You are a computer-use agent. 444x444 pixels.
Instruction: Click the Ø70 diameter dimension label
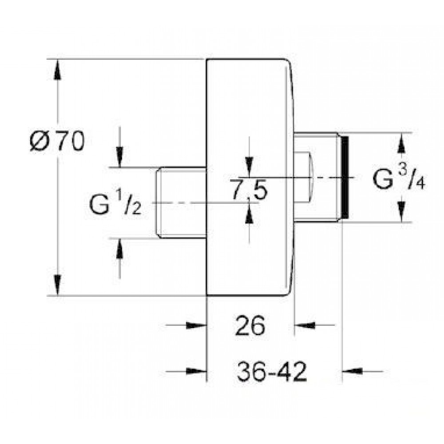57,141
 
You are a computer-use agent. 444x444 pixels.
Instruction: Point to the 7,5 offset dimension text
249,189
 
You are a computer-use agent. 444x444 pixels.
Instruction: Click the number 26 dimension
250,325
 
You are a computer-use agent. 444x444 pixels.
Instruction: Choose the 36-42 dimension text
272,371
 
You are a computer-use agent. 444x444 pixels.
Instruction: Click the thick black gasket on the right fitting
345,178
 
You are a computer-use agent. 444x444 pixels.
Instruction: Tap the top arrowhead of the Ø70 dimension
58,69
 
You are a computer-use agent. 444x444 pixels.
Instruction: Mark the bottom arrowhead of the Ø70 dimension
58,285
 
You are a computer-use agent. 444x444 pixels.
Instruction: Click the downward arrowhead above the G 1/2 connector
120,158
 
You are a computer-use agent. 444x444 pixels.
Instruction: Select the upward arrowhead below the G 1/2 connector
120,248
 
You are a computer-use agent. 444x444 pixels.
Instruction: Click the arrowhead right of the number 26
305,325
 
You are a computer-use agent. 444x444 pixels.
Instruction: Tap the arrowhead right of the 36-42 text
353,371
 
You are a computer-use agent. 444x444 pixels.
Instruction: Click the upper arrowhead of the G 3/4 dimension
401,143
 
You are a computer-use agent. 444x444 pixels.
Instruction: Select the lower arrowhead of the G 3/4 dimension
401,212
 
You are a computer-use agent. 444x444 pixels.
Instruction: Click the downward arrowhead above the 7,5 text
249,167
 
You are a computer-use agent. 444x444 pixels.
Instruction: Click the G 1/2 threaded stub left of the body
182,203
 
